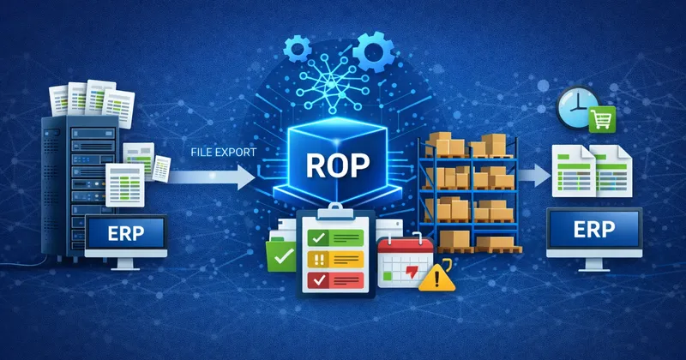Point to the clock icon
tap(572, 107)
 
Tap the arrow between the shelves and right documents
tap(533, 175)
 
